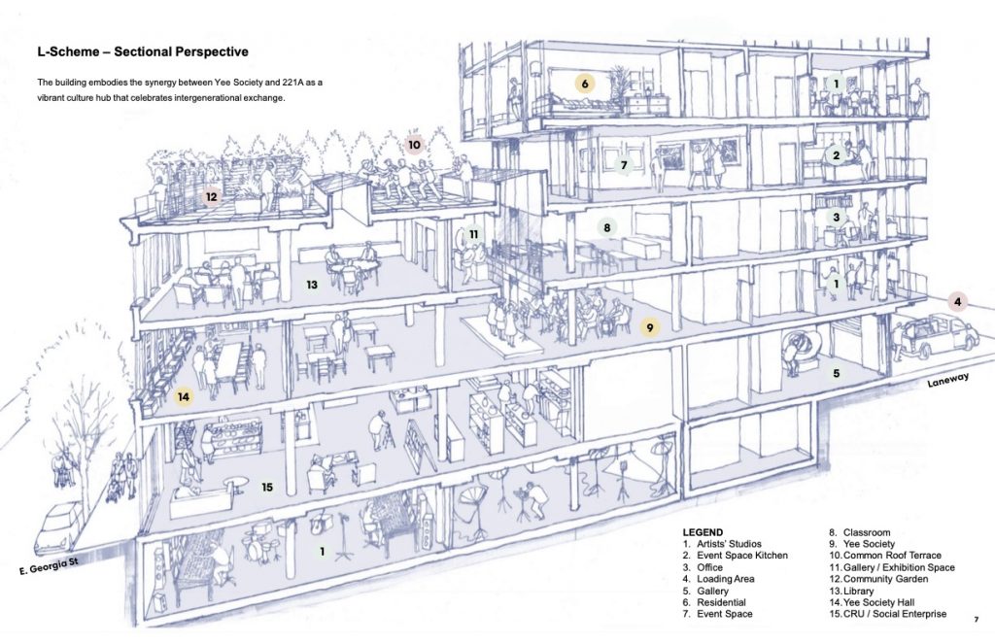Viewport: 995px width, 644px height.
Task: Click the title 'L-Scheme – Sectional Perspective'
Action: (x=141, y=51)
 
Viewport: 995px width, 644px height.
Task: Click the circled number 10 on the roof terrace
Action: (x=415, y=145)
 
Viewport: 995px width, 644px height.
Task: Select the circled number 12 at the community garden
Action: (x=212, y=197)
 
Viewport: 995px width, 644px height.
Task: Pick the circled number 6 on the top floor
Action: (x=585, y=85)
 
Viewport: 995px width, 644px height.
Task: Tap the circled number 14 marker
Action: (x=183, y=396)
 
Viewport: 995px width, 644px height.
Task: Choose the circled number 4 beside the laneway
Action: (x=958, y=302)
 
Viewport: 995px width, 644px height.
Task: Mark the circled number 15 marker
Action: (x=267, y=488)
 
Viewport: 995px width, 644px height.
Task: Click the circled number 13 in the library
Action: (x=312, y=286)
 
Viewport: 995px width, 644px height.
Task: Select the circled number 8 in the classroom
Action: (x=606, y=228)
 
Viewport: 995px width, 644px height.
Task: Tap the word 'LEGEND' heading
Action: (x=703, y=532)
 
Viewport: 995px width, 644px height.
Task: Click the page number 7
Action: (x=976, y=619)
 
